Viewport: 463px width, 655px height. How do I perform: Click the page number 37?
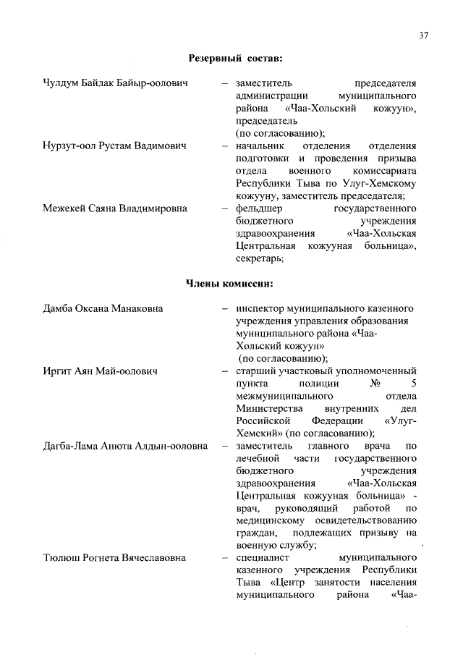(x=423, y=35)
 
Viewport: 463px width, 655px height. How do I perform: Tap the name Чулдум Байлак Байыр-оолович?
(x=115, y=83)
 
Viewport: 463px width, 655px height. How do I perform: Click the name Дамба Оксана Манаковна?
(x=103, y=309)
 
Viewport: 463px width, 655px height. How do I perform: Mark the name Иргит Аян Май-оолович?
(x=101, y=371)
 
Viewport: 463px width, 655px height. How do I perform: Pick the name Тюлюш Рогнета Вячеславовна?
(x=114, y=558)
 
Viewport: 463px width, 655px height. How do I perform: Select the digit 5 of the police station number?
(x=413, y=384)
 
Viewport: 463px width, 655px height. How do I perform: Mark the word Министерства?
(x=271, y=408)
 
